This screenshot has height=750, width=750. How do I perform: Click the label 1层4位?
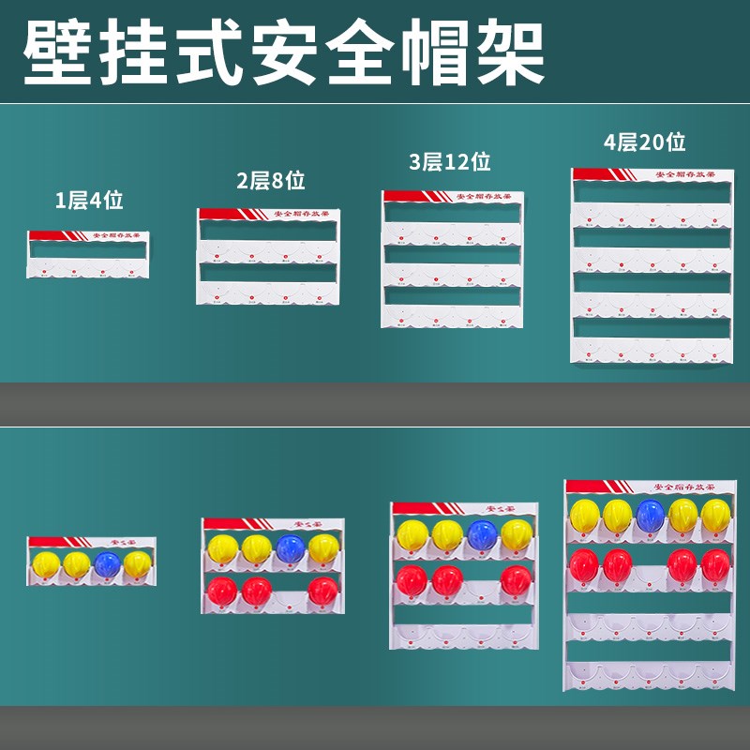[x=89, y=199]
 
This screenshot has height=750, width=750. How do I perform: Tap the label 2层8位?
[x=270, y=181]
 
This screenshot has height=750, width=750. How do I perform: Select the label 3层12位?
[x=450, y=162]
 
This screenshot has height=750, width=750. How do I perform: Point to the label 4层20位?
[x=644, y=142]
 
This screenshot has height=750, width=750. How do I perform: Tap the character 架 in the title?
[x=510, y=49]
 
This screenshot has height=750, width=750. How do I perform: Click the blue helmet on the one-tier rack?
[x=107, y=563]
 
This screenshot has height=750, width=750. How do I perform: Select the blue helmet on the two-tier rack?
[x=291, y=548]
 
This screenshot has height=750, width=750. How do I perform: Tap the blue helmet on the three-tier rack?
[x=482, y=533]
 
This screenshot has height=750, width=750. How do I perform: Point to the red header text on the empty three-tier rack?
[x=486, y=197]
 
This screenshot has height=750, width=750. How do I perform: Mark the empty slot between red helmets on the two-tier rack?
[x=291, y=592]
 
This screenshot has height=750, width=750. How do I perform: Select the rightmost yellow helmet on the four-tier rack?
[x=716, y=514]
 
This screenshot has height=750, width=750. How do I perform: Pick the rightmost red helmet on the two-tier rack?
[x=323, y=591]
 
